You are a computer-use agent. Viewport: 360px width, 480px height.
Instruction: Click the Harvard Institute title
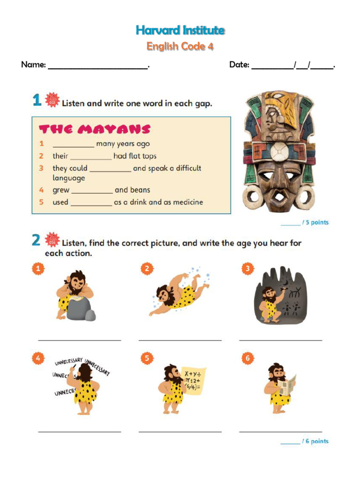180,30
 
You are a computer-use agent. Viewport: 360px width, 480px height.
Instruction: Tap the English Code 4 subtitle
180,46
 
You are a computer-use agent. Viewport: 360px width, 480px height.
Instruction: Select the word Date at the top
239,65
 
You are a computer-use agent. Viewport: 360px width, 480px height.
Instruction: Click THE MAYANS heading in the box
95,129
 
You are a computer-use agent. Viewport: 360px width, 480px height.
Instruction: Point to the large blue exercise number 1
37,101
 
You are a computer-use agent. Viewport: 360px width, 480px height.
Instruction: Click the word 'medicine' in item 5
187,202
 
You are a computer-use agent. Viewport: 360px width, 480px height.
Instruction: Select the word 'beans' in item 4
140,190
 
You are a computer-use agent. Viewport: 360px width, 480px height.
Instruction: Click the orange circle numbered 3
247,269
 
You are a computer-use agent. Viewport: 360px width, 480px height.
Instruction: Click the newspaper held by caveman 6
287,384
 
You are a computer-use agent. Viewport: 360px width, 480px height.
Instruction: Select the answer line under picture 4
79,431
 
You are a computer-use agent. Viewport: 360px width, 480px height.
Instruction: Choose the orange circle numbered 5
147,359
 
